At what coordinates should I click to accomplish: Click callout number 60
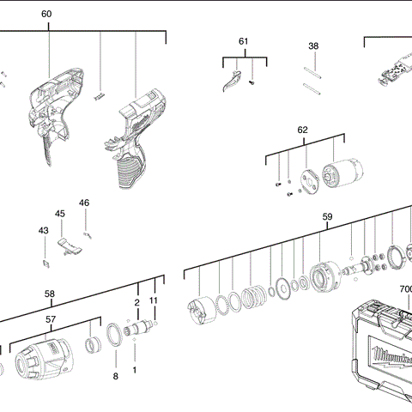(x=46, y=15)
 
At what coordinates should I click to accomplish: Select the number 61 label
(x=243, y=41)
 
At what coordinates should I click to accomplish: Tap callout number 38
(x=313, y=45)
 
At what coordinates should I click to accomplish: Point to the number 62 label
(x=302, y=130)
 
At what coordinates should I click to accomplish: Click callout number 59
(x=327, y=217)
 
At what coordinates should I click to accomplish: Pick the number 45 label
(x=60, y=214)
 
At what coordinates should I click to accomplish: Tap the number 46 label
(x=84, y=203)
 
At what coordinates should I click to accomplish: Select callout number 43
(x=43, y=230)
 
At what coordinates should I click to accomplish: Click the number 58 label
(x=50, y=294)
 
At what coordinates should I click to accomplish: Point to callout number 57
(x=51, y=318)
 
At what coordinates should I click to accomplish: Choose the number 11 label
(x=154, y=300)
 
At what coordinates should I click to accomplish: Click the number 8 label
(x=116, y=376)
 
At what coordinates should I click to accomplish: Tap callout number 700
(x=406, y=290)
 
